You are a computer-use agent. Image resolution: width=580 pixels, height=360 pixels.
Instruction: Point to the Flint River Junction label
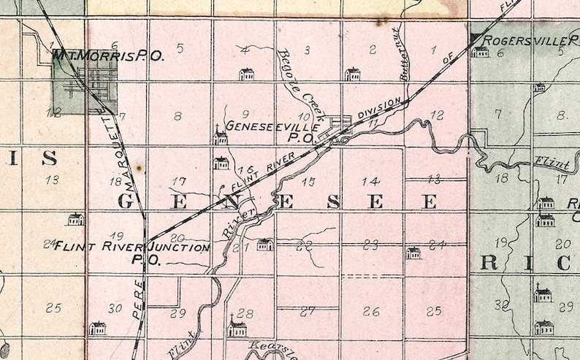pos(132,247)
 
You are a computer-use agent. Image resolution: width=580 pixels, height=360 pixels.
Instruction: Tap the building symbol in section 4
pos(247,74)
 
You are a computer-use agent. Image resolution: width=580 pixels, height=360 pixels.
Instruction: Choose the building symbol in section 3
pos(352,74)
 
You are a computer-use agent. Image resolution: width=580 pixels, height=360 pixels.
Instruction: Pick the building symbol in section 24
pos(413,253)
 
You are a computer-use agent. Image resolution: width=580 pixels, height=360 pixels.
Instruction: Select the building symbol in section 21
pos(264,245)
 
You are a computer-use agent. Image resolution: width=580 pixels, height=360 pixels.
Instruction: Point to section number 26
pos(371,312)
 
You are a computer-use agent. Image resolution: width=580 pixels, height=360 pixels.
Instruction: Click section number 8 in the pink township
pos(178,115)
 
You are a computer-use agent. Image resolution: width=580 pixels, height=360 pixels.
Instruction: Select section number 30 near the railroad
pos(115,308)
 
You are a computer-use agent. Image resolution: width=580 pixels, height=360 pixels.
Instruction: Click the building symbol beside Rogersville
pos(480,52)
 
